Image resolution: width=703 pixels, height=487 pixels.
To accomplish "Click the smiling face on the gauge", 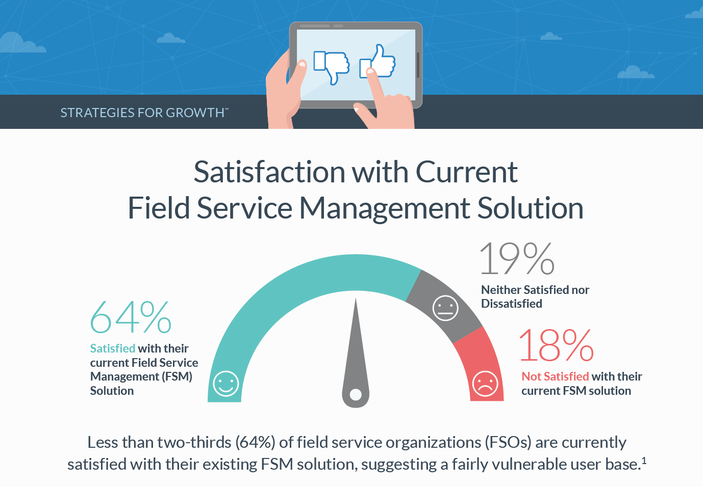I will click(x=226, y=384).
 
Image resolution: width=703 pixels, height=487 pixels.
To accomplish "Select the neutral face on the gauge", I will click(x=445, y=308).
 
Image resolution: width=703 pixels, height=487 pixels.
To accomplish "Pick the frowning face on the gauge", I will click(x=485, y=384).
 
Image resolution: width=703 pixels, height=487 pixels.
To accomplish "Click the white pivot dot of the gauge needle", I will click(x=356, y=394).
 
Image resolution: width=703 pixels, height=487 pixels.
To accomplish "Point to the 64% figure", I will click(x=131, y=317).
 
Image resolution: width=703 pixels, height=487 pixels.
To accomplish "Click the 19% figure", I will click(x=517, y=259).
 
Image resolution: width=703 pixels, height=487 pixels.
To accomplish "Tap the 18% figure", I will click(x=556, y=345).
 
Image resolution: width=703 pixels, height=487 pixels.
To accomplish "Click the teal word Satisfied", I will click(x=112, y=348).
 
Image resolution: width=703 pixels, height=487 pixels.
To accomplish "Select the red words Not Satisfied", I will click(x=555, y=376).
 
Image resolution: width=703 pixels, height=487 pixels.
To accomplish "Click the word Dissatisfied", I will click(x=512, y=304).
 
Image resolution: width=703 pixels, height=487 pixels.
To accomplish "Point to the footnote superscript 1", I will click(x=644, y=461).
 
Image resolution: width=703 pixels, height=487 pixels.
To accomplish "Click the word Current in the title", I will click(x=466, y=172).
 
